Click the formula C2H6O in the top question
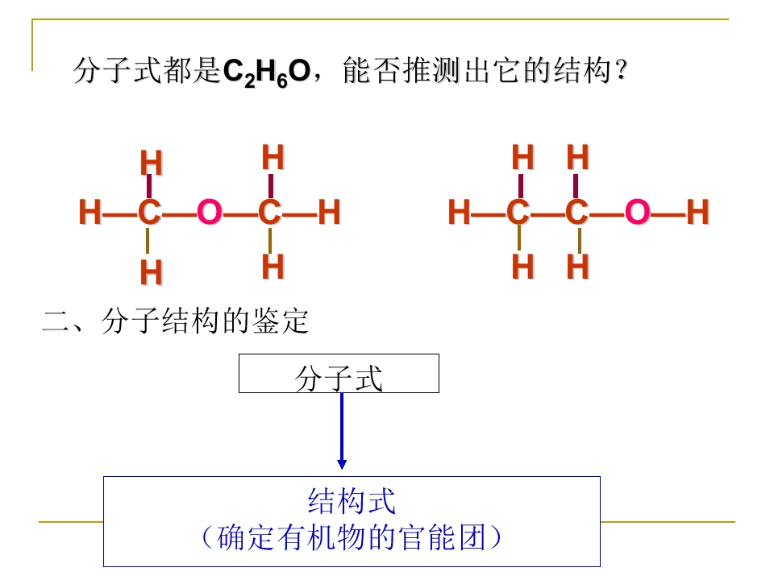pyautogui.click(x=267, y=72)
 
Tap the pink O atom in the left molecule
pyautogui.click(x=210, y=212)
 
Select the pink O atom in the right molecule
pyautogui.click(x=637, y=212)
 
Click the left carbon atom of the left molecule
pyautogui.click(x=150, y=212)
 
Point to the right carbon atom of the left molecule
pyautogui.click(x=270, y=212)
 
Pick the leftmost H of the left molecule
pyautogui.click(x=89, y=212)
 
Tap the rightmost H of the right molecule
pyautogui.click(x=697, y=212)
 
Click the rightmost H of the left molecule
pyautogui.click(x=329, y=212)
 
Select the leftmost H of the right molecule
pyautogui.click(x=459, y=212)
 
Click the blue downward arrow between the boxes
pyautogui.click(x=342, y=430)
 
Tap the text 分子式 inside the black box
pyautogui.click(x=339, y=379)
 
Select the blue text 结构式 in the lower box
pyautogui.click(x=352, y=501)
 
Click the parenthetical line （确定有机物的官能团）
pyautogui.click(x=352, y=537)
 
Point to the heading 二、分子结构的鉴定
pyautogui.click(x=176, y=321)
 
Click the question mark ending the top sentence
pyautogui.click(x=622, y=71)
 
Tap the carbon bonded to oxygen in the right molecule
pyautogui.click(x=577, y=212)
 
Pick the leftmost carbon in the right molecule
pyautogui.click(x=518, y=212)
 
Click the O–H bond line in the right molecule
pyautogui.click(x=668, y=214)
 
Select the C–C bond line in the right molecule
pyautogui.click(x=547, y=214)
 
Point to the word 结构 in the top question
pyautogui.click(x=583, y=70)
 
